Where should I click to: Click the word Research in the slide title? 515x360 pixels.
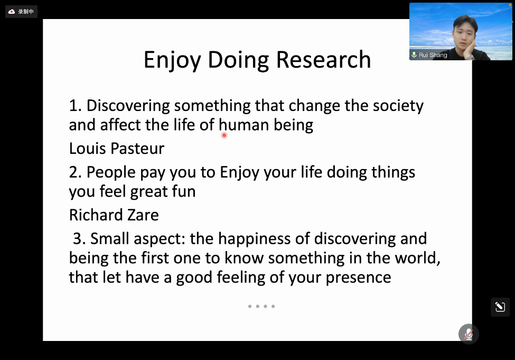pyautogui.click(x=323, y=60)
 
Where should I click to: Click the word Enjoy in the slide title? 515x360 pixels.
pyautogui.click(x=172, y=60)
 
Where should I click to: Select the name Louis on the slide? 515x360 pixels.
pyautogui.click(x=87, y=148)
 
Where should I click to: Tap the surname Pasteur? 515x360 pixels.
pyautogui.click(x=137, y=148)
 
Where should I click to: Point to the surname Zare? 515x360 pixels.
pyautogui.click(x=143, y=215)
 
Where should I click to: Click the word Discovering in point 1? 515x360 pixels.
pyautogui.click(x=128, y=106)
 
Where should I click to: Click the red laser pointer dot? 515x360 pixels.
pyautogui.click(x=224, y=135)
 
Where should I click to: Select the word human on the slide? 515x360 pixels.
pyautogui.click(x=244, y=125)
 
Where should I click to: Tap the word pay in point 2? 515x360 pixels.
pyautogui.click(x=153, y=173)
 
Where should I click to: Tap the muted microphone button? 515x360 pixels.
pyautogui.click(x=469, y=334)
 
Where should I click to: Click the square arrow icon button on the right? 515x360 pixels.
pyautogui.click(x=500, y=307)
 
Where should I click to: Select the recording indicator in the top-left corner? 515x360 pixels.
pyautogui.click(x=21, y=12)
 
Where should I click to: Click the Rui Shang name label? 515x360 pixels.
pyautogui.click(x=433, y=55)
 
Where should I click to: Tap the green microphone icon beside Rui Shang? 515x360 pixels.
pyautogui.click(x=414, y=54)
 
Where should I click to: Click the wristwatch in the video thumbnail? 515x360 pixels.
pyautogui.click(x=470, y=57)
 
